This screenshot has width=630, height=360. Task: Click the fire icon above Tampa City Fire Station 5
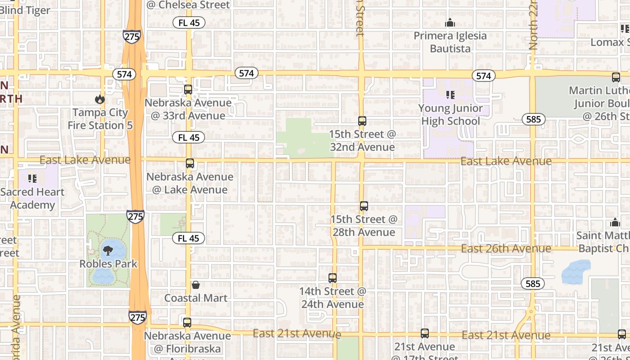[99, 99]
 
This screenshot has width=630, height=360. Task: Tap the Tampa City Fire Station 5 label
[100, 119]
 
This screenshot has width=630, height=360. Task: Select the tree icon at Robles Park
[108, 251]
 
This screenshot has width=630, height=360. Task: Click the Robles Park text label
[108, 264]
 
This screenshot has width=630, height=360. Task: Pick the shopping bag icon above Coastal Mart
[196, 285]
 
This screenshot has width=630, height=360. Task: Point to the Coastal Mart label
[196, 298]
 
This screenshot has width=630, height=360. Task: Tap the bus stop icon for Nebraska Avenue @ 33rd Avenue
[188, 90]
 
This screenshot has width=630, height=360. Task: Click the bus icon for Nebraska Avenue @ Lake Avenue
[190, 163]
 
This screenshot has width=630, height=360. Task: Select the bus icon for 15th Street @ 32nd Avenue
[362, 121]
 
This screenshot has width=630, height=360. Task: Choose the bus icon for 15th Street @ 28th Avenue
[364, 206]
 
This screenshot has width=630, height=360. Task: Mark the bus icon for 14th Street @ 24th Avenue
[333, 278]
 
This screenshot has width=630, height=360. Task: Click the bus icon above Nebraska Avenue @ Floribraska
[187, 323]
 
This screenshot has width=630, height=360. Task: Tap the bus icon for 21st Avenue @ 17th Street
[425, 333]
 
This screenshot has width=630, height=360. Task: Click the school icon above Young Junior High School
[450, 95]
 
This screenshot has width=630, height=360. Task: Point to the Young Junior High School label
[450, 115]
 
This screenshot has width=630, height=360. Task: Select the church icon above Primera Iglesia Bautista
[450, 22]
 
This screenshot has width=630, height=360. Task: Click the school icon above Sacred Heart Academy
[32, 179]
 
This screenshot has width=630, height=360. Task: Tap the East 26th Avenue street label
[506, 248]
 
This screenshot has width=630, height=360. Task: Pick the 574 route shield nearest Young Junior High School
[483, 76]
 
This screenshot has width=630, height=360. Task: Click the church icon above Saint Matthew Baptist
[615, 223]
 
